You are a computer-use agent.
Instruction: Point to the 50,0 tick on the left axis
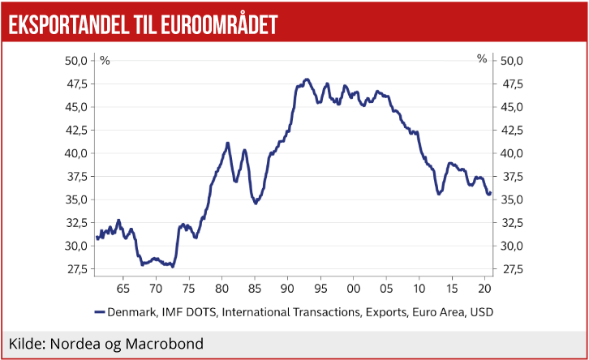(75, 61)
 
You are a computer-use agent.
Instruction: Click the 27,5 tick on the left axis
(75, 269)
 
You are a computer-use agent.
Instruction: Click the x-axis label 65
(123, 288)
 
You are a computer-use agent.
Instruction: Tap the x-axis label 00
(353, 288)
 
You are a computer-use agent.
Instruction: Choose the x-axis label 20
(485, 288)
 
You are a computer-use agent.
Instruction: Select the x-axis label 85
(255, 288)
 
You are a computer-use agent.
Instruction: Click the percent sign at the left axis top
(105, 59)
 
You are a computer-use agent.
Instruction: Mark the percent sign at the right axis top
(482, 59)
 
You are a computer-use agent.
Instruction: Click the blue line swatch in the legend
(101, 311)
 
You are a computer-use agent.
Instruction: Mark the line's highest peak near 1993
(306, 79)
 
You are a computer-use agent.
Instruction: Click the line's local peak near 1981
(228, 144)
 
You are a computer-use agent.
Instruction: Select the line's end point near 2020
(489, 193)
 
